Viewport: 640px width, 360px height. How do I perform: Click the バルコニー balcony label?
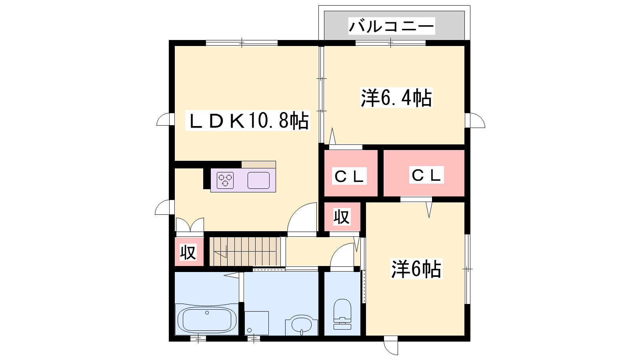392,26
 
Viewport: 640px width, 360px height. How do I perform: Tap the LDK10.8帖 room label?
248,120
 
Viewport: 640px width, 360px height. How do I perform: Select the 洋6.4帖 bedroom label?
396,98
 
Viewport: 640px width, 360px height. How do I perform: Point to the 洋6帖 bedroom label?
416,269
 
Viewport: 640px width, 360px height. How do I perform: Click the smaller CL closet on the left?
351,173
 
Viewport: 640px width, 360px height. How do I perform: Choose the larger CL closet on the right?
424,173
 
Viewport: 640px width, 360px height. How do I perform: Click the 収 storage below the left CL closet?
342,216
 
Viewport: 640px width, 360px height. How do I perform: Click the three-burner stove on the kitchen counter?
225,180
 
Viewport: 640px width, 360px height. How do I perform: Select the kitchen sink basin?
258,180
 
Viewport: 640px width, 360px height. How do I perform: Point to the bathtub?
207,319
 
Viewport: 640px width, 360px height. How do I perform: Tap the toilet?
342,314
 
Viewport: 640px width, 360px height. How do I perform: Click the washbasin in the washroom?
302,325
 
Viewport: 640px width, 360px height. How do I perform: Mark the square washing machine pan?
256,323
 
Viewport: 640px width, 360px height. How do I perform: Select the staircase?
245,252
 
